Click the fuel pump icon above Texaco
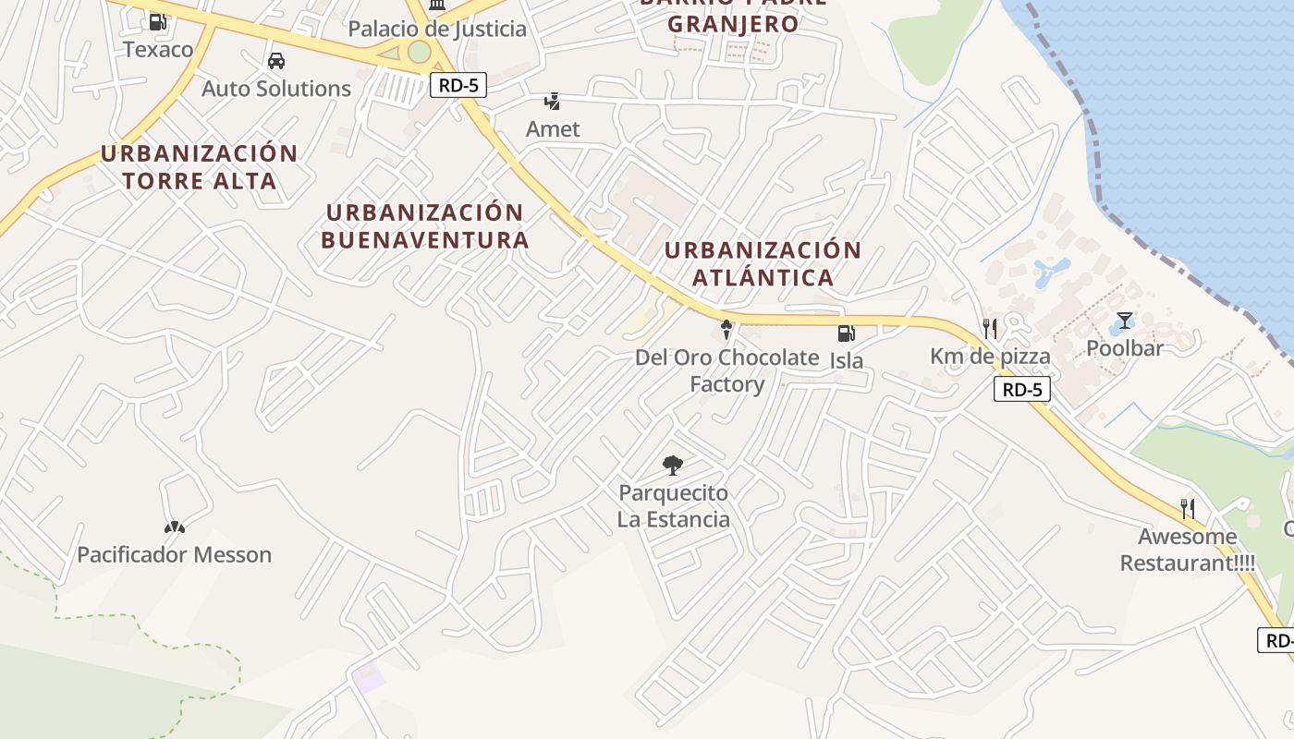pyautogui.click(x=158, y=21)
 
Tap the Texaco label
pyautogui.click(x=158, y=49)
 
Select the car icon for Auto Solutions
pyautogui.click(x=275, y=62)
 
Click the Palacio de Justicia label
pyautogui.click(x=437, y=29)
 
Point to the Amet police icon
pyautogui.click(x=553, y=102)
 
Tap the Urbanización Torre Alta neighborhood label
pyautogui.click(x=199, y=166)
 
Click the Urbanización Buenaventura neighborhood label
pyautogui.click(x=425, y=226)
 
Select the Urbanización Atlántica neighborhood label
pyautogui.click(x=763, y=263)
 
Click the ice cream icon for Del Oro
pyautogui.click(x=726, y=329)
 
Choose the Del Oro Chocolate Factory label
pyautogui.click(x=726, y=370)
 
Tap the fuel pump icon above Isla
pyautogui.click(x=846, y=333)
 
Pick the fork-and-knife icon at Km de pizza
pyautogui.click(x=990, y=328)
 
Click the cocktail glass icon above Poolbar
pyautogui.click(x=1124, y=321)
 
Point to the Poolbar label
pyautogui.click(x=1124, y=348)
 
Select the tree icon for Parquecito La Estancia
pyautogui.click(x=673, y=466)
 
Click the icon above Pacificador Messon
pyautogui.click(x=174, y=527)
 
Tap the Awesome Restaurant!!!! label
pyautogui.click(x=1188, y=550)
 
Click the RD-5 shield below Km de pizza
pyautogui.click(x=1022, y=389)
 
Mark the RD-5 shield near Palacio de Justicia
pyautogui.click(x=458, y=85)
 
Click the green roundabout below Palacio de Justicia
pyautogui.click(x=420, y=52)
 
